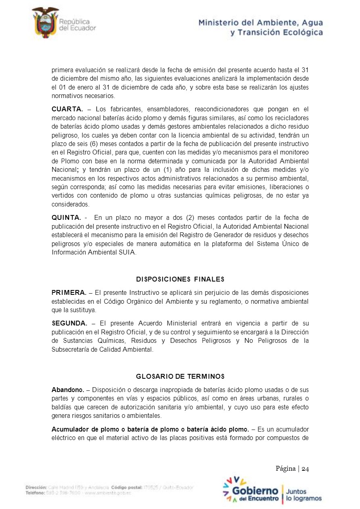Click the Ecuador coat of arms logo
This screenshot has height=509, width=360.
[x=45, y=22]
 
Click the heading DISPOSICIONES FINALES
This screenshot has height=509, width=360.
[x=180, y=279]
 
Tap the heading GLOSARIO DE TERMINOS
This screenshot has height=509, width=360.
[x=180, y=377]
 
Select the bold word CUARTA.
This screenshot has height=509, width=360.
[x=67, y=109]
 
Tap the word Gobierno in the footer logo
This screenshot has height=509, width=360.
[x=255, y=491]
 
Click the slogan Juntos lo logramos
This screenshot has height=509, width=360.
[x=303, y=495]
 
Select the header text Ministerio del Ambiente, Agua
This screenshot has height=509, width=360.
[x=260, y=23]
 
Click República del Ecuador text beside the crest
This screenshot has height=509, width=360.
[x=77, y=25]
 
